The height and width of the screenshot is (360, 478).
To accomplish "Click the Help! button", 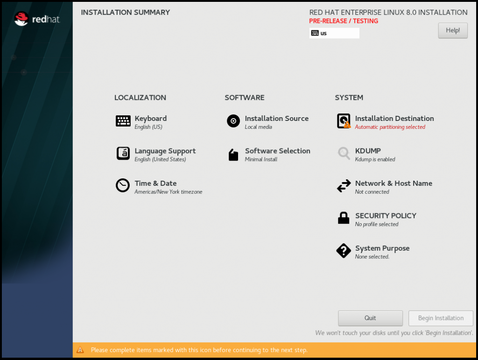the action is (x=453, y=30).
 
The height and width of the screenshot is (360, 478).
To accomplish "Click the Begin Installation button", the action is (x=441, y=318).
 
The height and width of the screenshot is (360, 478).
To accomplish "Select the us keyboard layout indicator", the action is (x=334, y=33).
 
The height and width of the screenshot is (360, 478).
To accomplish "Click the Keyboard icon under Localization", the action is (x=123, y=121).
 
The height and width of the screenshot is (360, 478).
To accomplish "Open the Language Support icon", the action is (x=123, y=153).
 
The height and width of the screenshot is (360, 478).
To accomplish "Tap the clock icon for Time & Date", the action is (x=123, y=185).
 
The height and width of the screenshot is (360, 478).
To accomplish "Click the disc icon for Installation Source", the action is (x=233, y=121).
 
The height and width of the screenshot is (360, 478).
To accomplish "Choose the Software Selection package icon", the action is (x=233, y=155).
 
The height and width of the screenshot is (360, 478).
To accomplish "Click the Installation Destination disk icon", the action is (x=344, y=121).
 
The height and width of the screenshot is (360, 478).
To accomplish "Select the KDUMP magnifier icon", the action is (x=344, y=153).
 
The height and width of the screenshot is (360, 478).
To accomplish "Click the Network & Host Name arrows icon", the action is (x=344, y=186).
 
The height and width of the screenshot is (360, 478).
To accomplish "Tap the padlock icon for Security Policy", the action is (x=344, y=218).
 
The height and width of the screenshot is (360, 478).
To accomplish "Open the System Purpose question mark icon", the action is (x=344, y=251).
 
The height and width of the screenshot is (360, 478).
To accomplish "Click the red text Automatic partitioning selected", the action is (x=390, y=127).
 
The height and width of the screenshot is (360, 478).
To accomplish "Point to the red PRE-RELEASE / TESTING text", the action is (x=344, y=21).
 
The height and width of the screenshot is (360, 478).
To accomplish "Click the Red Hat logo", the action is (x=37, y=19).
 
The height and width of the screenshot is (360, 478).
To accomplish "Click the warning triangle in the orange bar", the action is (x=80, y=350).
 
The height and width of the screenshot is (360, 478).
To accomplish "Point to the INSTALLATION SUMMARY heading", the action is (x=125, y=13).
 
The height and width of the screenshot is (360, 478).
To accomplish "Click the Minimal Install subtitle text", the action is (x=261, y=159).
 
